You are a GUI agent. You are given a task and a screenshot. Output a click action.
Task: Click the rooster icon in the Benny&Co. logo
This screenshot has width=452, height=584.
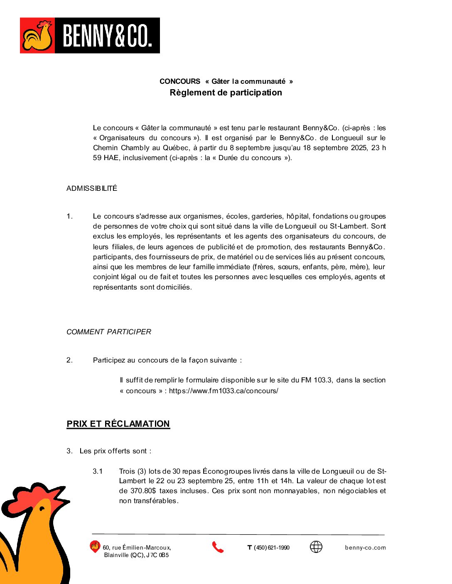tap(38, 35)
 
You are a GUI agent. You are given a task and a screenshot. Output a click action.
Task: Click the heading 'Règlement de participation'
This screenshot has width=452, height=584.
tap(226, 92)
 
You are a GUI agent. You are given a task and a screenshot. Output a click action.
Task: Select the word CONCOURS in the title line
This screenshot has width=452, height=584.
tap(180, 81)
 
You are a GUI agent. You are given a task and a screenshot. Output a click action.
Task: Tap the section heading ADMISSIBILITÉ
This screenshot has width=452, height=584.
tap(92, 188)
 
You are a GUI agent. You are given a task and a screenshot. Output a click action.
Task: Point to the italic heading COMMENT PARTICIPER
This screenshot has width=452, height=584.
tap(109, 332)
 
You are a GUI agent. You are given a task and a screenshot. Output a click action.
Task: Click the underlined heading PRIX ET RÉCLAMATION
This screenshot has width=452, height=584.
tap(118, 424)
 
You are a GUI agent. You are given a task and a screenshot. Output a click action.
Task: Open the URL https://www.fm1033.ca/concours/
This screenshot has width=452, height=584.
tap(224, 391)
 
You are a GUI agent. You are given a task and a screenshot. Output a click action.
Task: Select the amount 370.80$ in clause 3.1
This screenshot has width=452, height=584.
tap(143, 491)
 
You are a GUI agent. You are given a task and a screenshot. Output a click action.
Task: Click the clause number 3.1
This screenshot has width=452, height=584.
tap(98, 471)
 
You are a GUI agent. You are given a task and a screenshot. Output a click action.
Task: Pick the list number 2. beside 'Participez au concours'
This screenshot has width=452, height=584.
tap(69, 360)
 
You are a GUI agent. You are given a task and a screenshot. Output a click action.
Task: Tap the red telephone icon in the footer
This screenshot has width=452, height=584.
tap(218, 547)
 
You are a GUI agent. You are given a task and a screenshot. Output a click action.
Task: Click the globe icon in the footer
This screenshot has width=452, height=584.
tap(316, 547)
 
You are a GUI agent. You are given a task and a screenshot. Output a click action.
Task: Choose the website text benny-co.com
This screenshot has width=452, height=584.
tap(365, 547)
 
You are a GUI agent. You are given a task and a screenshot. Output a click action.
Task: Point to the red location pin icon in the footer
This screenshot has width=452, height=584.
tap(95, 547)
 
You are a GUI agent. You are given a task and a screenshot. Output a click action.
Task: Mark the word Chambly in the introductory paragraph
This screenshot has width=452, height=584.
tap(135, 148)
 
